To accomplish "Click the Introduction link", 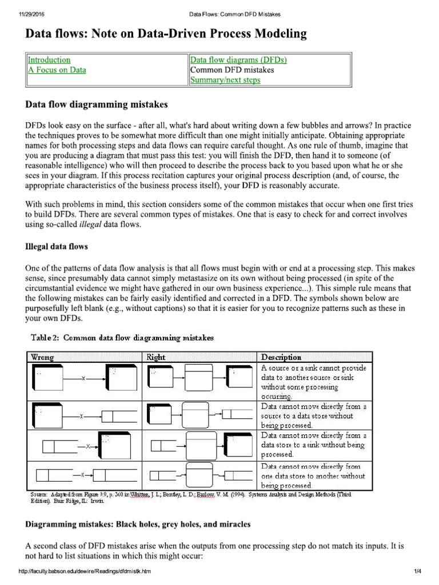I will pos(49,60).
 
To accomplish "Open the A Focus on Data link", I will pos(57,70).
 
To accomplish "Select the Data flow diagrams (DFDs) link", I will pos(238,60).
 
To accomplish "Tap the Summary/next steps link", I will pos(225,81).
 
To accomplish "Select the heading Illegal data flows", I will pos(56,247).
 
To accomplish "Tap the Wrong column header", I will pos(42,357).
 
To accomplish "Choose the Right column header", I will pos(156,357).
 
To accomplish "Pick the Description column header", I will pos(281,357).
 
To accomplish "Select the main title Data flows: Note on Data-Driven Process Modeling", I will pos(166,34).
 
